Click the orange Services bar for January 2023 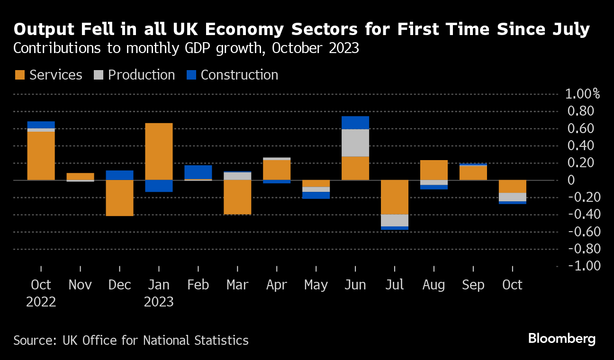159,151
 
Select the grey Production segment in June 355,143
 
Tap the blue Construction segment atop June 355,123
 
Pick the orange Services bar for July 395,197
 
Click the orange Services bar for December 119,198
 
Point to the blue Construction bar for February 198,172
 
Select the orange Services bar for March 237,197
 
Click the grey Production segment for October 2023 513,197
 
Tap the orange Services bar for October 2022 41,155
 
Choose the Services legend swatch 20,75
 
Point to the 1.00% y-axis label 582,94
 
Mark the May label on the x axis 316,285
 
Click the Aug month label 433,285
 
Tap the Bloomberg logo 562,339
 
